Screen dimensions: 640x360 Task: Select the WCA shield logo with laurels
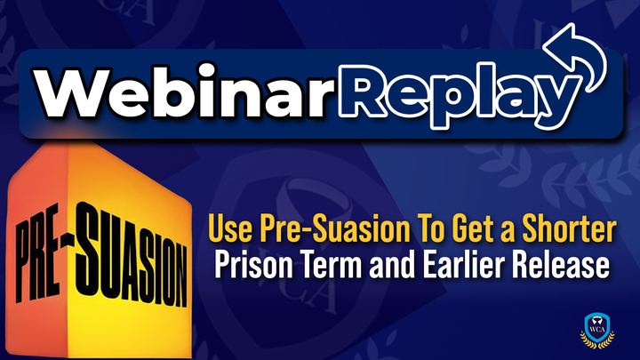(597, 331)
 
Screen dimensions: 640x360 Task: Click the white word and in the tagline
(392, 265)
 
